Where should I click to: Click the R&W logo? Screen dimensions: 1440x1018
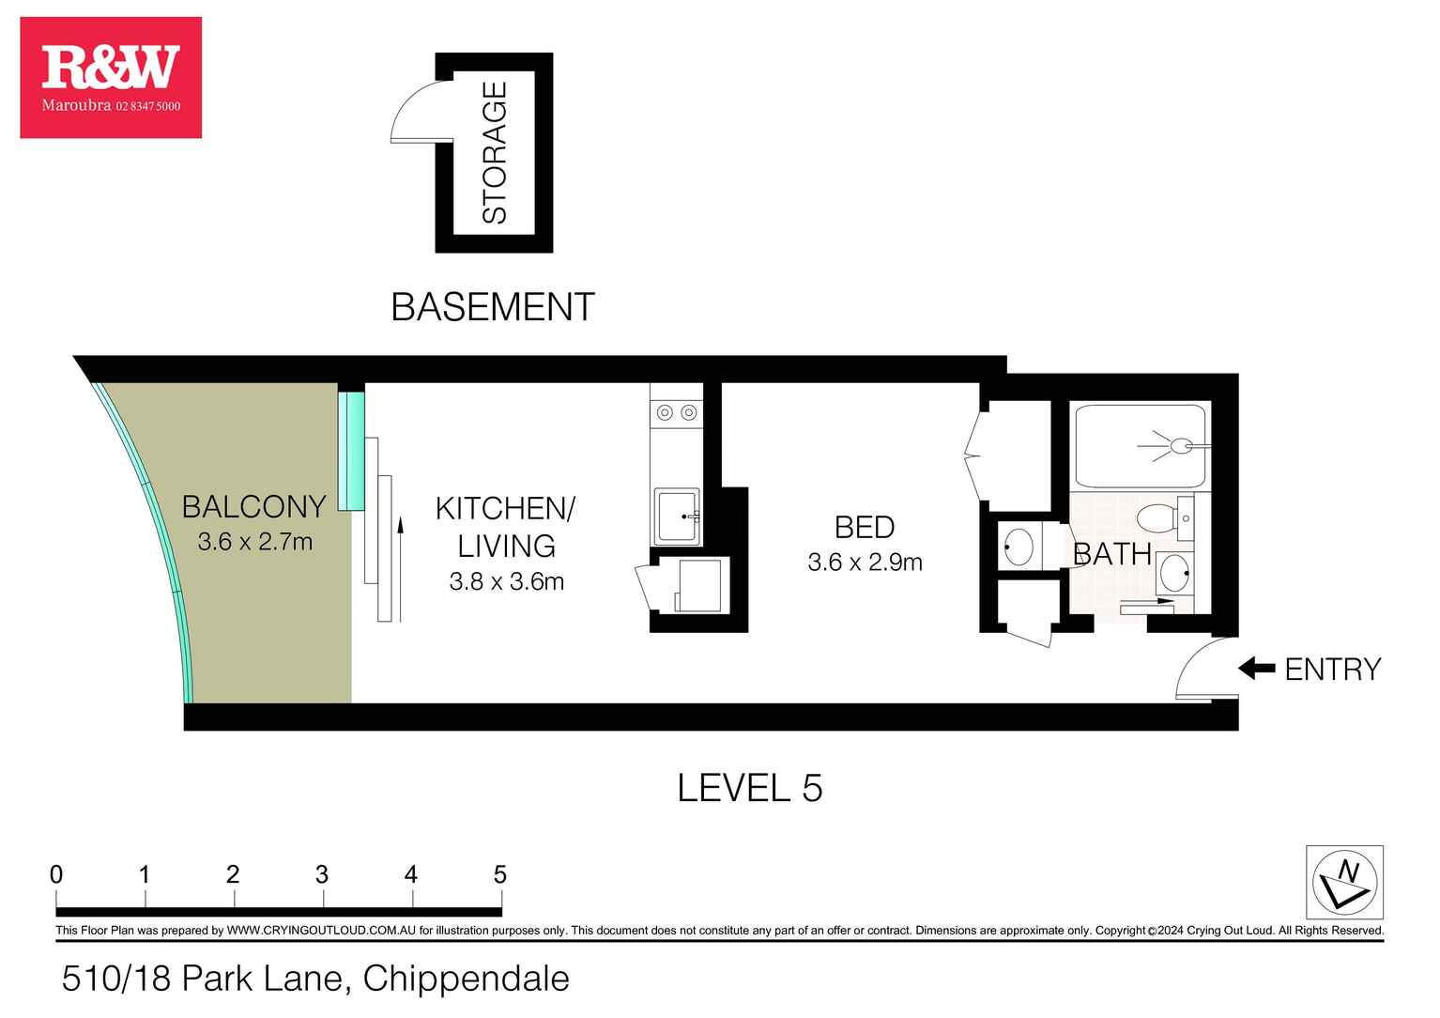coord(111,77)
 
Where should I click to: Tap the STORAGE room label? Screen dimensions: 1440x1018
coord(495,152)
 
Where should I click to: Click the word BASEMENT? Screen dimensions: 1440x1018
coord(493,307)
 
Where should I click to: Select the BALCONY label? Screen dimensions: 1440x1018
coord(254,507)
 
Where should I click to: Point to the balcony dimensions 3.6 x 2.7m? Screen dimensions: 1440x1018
coord(254,542)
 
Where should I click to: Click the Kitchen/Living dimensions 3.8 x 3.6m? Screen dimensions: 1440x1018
coord(507,581)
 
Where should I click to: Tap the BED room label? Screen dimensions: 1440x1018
coord(865,528)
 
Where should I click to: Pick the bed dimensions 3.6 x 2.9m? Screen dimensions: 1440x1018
coord(865,562)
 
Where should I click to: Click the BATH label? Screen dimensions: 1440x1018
coord(1112,554)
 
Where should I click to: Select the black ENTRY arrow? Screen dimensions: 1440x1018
coord(1257,668)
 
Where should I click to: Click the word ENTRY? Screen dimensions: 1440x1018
coord(1333,670)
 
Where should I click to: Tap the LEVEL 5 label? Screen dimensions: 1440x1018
coord(750,788)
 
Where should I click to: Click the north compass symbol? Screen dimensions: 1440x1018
coord(1344,882)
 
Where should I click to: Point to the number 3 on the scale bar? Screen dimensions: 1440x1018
coord(321,874)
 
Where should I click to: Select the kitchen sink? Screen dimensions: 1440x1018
coord(677,517)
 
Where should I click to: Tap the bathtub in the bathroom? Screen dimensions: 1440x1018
coord(1141,446)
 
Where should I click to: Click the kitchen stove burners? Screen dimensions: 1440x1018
coord(676,412)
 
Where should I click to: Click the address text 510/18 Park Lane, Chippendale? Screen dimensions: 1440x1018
coord(315,979)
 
